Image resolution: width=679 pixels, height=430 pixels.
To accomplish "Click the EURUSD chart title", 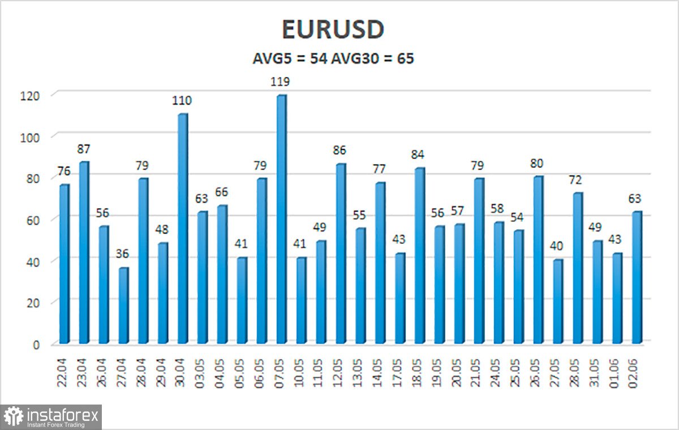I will click(333, 31).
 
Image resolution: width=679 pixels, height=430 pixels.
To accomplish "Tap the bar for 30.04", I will click(182, 229).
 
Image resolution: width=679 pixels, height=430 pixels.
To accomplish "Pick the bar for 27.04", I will click(123, 306).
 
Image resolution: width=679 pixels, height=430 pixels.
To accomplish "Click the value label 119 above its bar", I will click(281, 82).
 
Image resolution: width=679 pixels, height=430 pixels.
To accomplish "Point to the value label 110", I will click(182, 101).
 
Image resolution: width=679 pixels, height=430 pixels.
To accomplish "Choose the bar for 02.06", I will click(637, 278).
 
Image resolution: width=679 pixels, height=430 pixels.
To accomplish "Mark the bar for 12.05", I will click(341, 254).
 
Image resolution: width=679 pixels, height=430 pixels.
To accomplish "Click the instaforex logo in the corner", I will click(51, 417).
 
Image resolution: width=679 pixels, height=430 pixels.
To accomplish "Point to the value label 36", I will click(123, 255).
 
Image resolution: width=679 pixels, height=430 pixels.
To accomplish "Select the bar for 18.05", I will click(420, 256).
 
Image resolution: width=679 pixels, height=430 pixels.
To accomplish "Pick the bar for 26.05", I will click(539, 260).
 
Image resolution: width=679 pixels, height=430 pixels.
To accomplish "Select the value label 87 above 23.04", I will click(84, 149).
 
